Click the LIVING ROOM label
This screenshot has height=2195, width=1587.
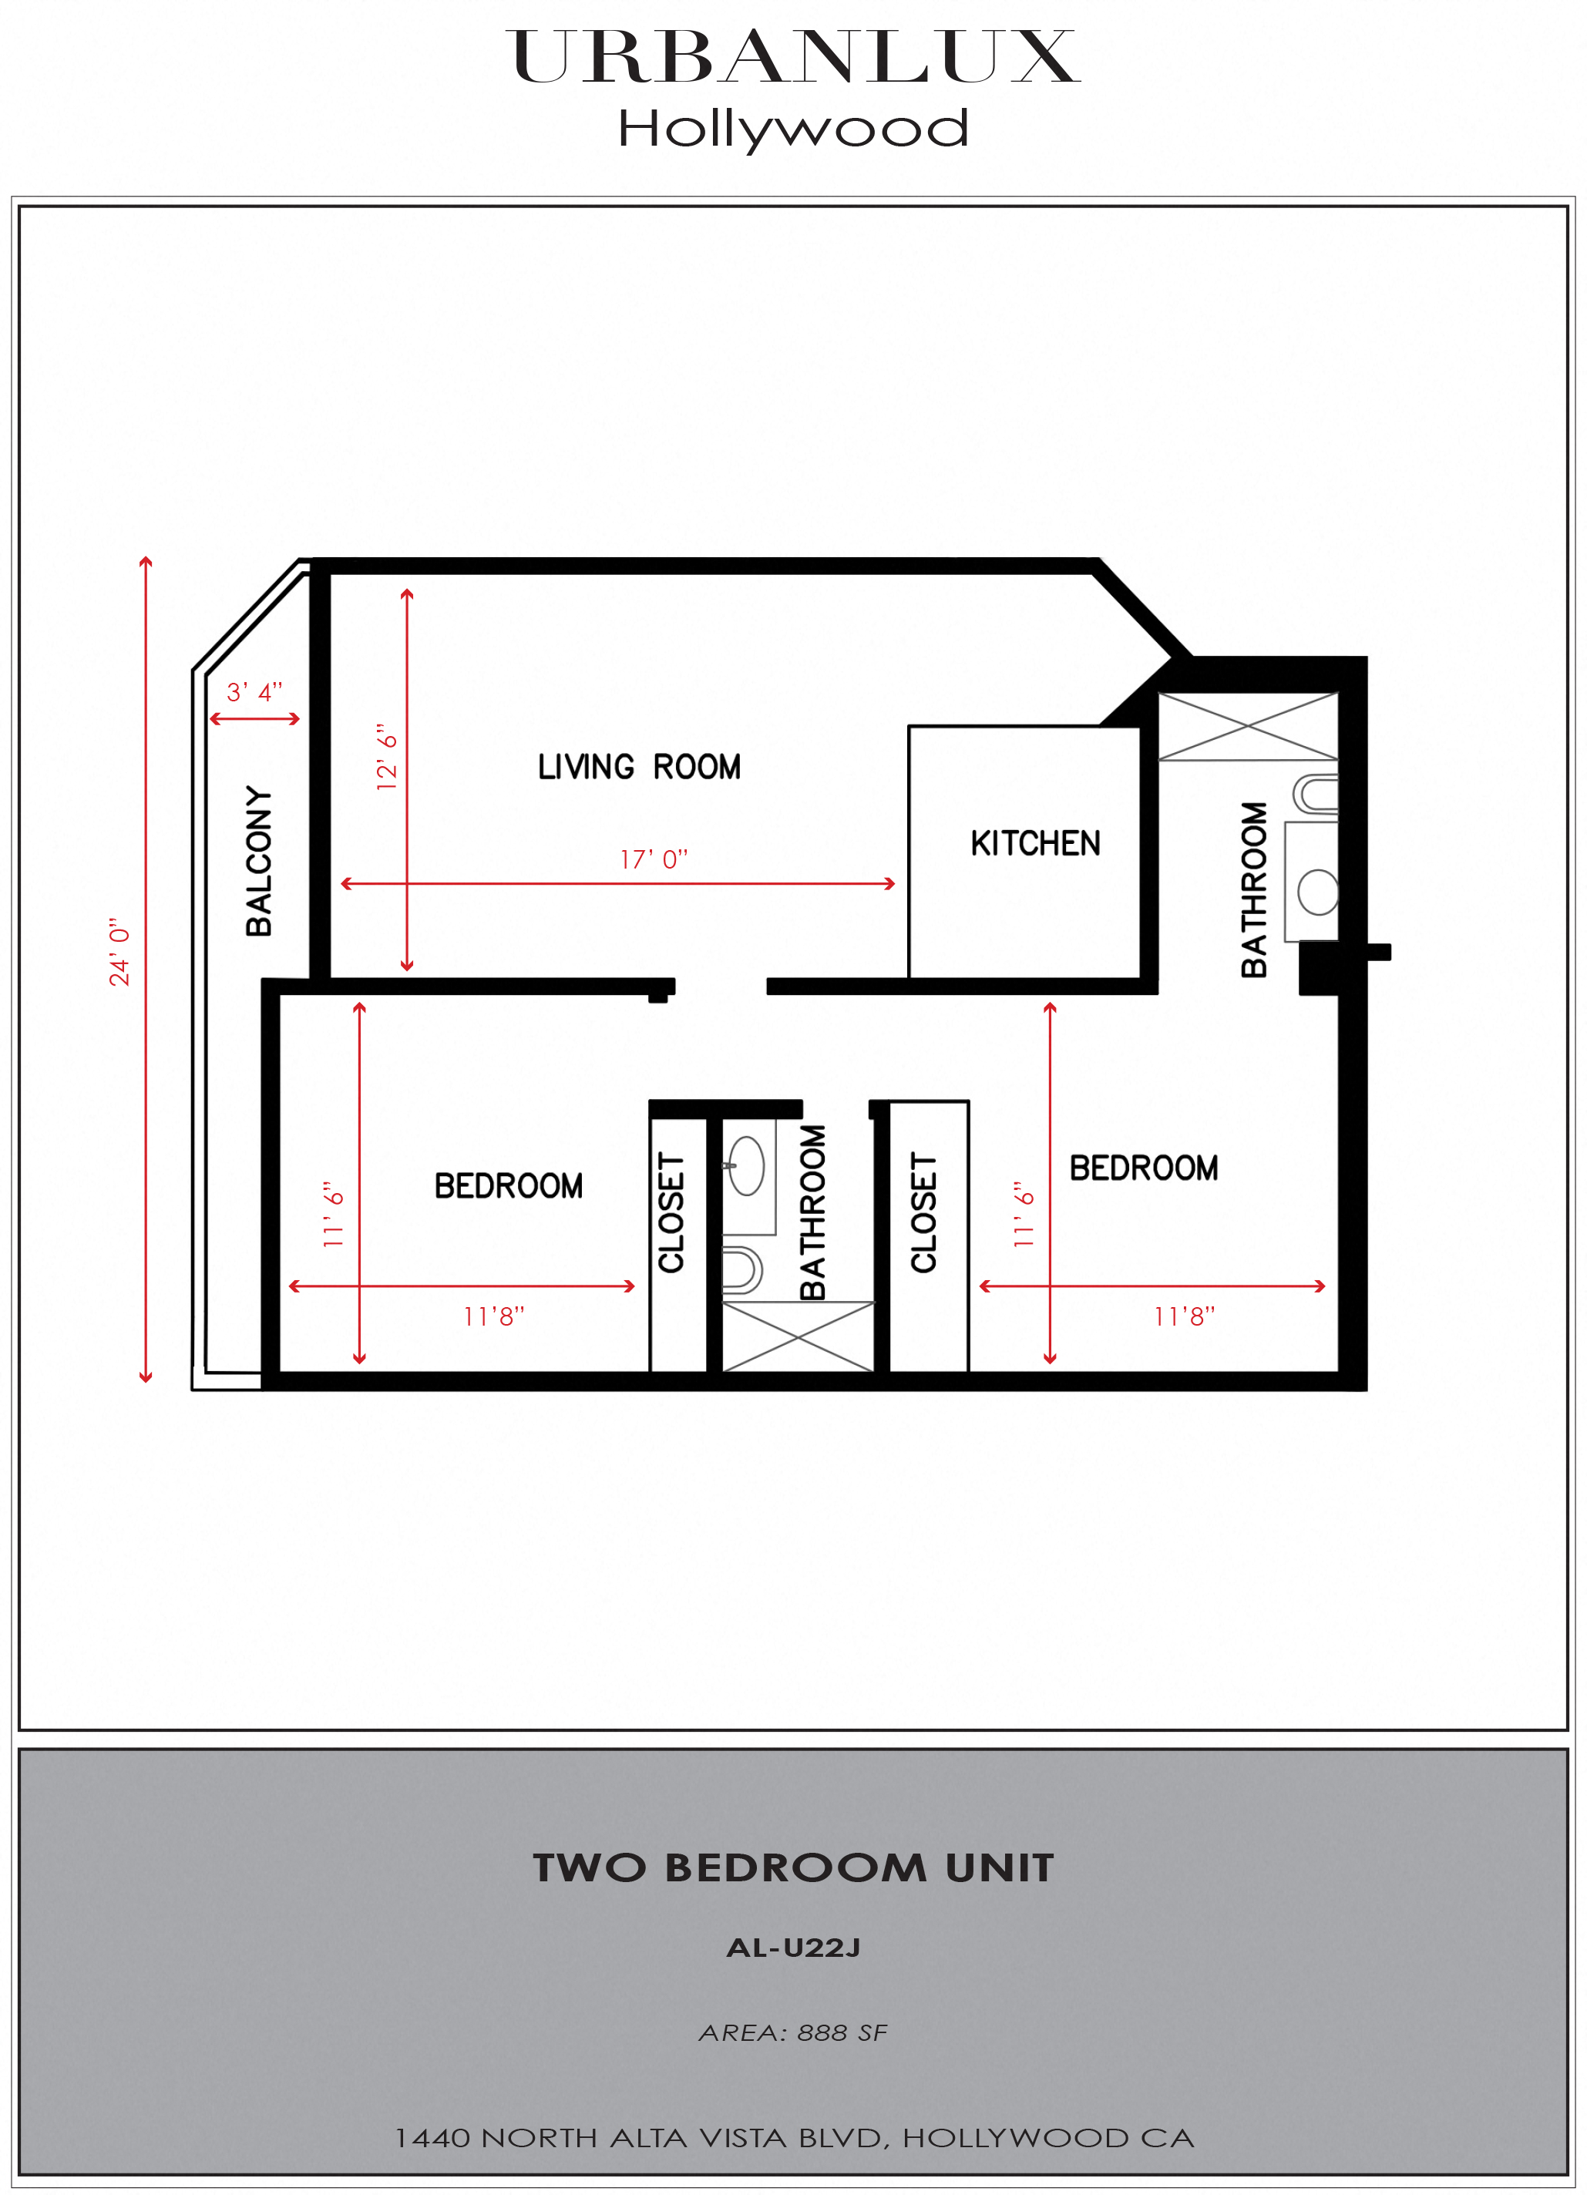click(639, 768)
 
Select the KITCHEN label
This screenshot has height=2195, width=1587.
click(1035, 844)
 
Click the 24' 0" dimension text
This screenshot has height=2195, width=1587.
click(119, 953)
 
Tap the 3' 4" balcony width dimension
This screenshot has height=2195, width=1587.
click(254, 692)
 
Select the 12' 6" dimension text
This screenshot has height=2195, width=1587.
click(387, 757)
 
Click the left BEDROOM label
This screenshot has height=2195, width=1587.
click(508, 1187)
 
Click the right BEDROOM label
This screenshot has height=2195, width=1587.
click(1143, 1168)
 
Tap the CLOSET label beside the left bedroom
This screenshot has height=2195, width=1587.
click(671, 1212)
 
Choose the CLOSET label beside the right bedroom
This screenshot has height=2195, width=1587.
click(924, 1212)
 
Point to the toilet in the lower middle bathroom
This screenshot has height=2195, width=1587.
click(742, 1270)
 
